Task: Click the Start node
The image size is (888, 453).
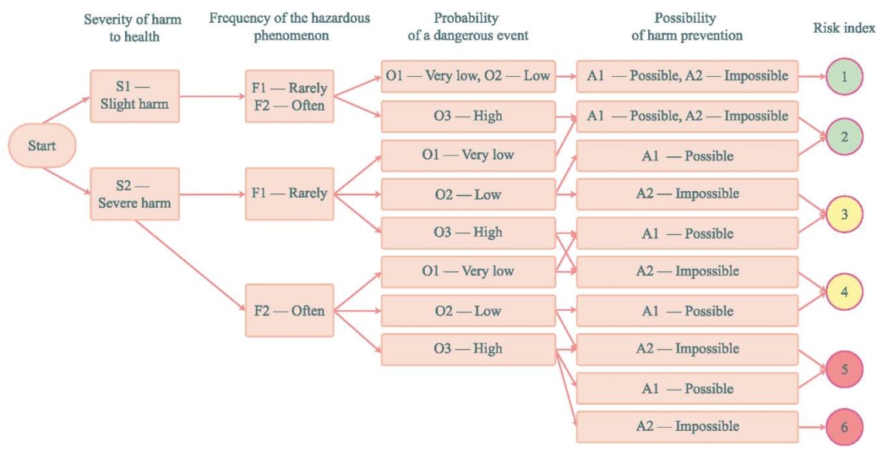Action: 42,146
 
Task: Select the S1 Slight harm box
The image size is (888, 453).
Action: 135,96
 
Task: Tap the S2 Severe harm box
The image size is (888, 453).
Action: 135,194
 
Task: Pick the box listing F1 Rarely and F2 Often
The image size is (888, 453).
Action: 289,96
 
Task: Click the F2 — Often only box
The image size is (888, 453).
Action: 289,310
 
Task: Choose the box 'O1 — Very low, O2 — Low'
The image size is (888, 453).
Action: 468,76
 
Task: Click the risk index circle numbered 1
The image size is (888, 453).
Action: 844,76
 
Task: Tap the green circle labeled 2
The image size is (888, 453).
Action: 844,137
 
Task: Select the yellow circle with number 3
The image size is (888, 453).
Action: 844,214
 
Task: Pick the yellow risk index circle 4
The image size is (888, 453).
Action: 844,292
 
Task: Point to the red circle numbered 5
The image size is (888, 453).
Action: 844,369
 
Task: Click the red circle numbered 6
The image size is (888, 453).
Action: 844,427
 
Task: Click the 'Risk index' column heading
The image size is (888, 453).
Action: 844,28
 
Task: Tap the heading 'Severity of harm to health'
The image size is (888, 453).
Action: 133,28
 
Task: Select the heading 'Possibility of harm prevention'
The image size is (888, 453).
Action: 687,27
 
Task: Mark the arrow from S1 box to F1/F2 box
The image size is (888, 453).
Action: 212,96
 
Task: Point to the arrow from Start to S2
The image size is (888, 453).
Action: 67,181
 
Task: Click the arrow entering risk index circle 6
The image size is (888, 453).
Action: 813,427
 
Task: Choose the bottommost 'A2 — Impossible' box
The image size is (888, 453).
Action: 687,427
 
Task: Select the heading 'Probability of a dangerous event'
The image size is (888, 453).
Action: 468,27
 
